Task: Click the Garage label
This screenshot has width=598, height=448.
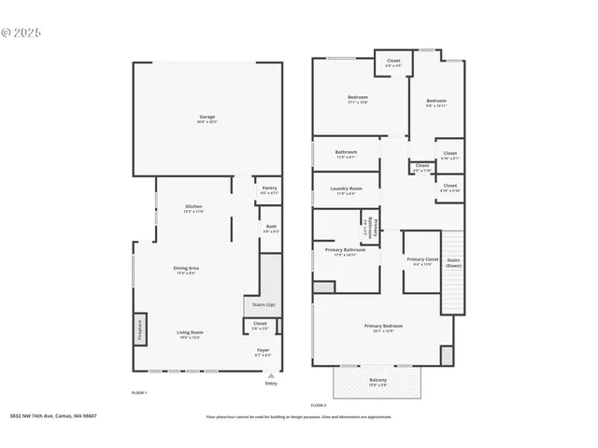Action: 206,118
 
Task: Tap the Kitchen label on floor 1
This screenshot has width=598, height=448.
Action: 193,206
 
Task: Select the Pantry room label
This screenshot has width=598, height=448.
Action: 269,189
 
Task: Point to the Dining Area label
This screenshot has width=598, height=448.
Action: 186,269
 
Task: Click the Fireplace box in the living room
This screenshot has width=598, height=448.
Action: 139,329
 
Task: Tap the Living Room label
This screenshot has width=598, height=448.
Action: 191,332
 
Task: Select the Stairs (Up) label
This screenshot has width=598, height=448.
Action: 264,305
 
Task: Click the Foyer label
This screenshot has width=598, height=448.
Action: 263,351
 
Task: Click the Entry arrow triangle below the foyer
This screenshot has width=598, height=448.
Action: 271,375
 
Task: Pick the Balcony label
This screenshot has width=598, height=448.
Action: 378,380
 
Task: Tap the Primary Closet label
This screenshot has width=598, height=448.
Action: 421,259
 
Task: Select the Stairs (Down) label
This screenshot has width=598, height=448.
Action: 453,262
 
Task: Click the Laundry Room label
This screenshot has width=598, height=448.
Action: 345,189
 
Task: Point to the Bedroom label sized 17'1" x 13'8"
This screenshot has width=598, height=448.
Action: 358,97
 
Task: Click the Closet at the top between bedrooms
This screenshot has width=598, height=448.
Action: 393,61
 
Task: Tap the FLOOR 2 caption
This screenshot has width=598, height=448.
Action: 318,405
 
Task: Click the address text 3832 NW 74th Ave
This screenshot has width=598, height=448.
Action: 53,416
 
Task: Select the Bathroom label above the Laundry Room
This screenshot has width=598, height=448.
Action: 346,152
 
